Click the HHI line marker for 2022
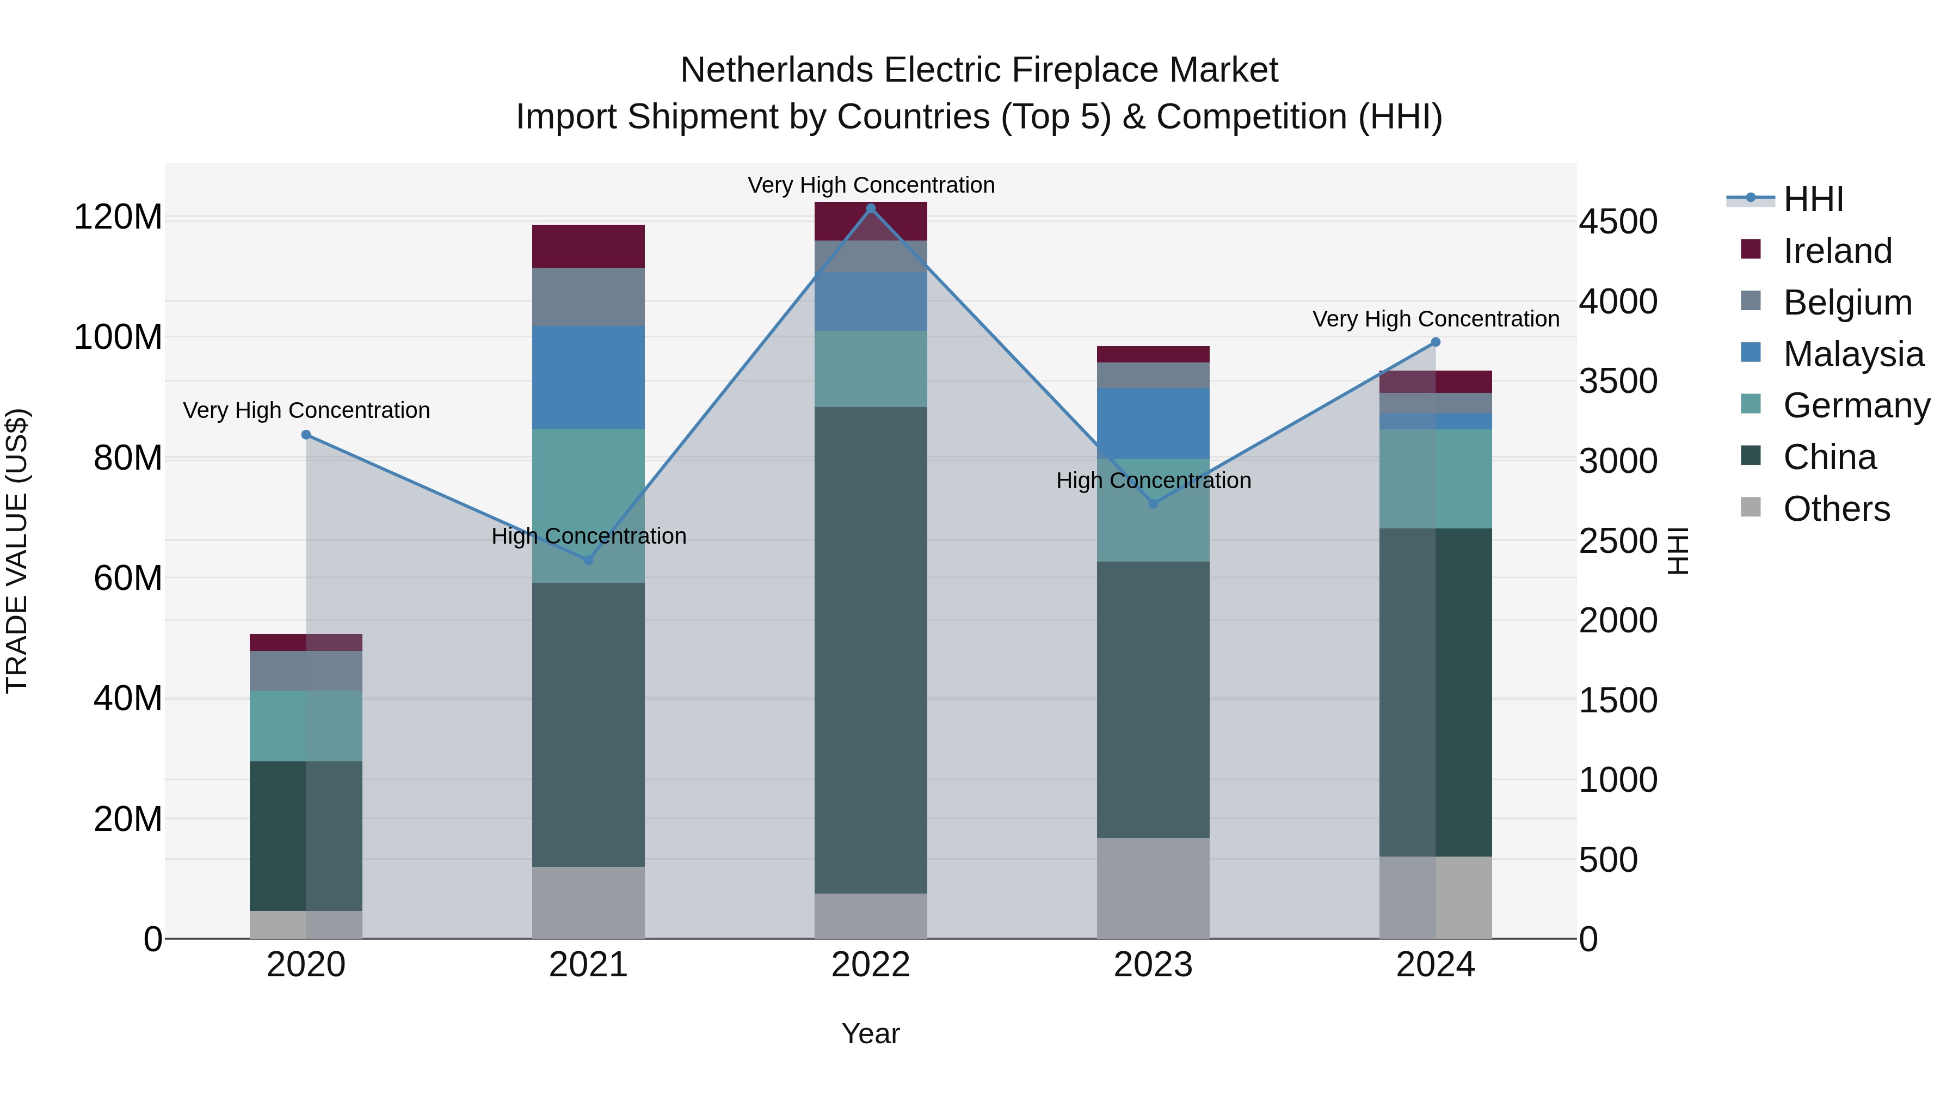coord(871,208)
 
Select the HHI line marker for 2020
coord(306,435)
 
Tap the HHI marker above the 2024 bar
coord(1435,342)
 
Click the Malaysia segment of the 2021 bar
coord(588,377)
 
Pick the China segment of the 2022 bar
coord(871,650)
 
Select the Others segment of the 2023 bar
coord(1153,888)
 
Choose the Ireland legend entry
coord(1837,251)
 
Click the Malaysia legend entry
coord(1852,354)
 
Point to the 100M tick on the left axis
coord(118,337)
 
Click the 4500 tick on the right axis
coord(1618,222)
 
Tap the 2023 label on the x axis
coord(1153,965)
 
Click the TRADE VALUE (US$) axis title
coord(17,551)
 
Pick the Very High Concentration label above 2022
coord(871,185)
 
